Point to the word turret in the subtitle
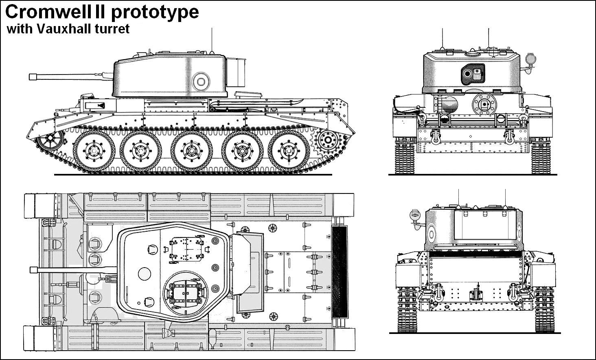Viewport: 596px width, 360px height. point(114,29)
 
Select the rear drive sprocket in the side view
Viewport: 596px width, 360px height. point(325,140)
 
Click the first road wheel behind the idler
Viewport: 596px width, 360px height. point(92,151)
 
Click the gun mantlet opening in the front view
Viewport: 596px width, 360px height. point(473,74)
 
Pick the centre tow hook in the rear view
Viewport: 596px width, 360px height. point(475,296)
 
